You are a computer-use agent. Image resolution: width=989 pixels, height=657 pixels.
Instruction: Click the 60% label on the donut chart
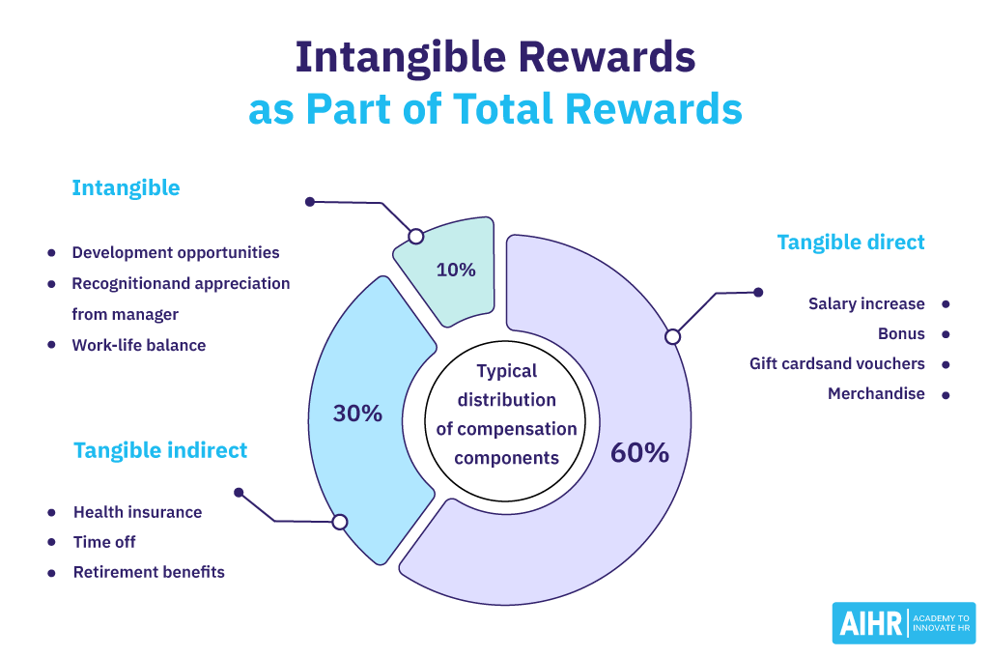[x=639, y=452]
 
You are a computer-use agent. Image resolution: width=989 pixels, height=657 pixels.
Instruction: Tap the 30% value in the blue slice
[x=357, y=414]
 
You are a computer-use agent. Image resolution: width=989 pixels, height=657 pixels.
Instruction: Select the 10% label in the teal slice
[x=456, y=270]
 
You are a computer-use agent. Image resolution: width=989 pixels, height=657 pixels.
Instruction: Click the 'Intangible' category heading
[x=126, y=187]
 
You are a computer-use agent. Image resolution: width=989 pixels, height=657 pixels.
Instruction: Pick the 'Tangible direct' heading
[x=851, y=242]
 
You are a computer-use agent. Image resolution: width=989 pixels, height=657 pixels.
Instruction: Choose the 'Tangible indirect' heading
[x=160, y=449]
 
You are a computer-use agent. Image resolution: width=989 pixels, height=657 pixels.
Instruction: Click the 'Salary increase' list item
[x=866, y=303]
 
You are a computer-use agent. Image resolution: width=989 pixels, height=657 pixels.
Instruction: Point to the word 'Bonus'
[x=901, y=334]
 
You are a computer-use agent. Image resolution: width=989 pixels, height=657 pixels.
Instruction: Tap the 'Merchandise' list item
[x=876, y=394]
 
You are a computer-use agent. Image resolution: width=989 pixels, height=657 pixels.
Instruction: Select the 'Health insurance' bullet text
[x=137, y=512]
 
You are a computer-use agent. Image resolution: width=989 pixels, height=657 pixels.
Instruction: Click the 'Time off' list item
[x=104, y=542]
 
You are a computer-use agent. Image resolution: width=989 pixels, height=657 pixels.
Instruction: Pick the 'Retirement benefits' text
[x=149, y=572]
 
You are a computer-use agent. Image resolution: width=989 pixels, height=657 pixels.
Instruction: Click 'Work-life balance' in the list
[x=138, y=345]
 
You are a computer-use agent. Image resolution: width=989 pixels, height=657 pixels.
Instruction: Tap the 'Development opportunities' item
[x=176, y=253]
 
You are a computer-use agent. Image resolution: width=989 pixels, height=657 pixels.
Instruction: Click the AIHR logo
[x=904, y=623]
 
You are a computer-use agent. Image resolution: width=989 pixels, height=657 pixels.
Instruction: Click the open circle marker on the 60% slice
[x=673, y=336]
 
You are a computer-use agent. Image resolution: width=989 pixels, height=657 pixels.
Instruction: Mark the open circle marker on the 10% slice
[x=415, y=236]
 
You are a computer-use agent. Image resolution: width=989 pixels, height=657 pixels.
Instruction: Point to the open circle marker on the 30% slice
[x=340, y=522]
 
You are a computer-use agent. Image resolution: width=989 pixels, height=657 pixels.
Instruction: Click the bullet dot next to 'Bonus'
[x=946, y=334]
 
